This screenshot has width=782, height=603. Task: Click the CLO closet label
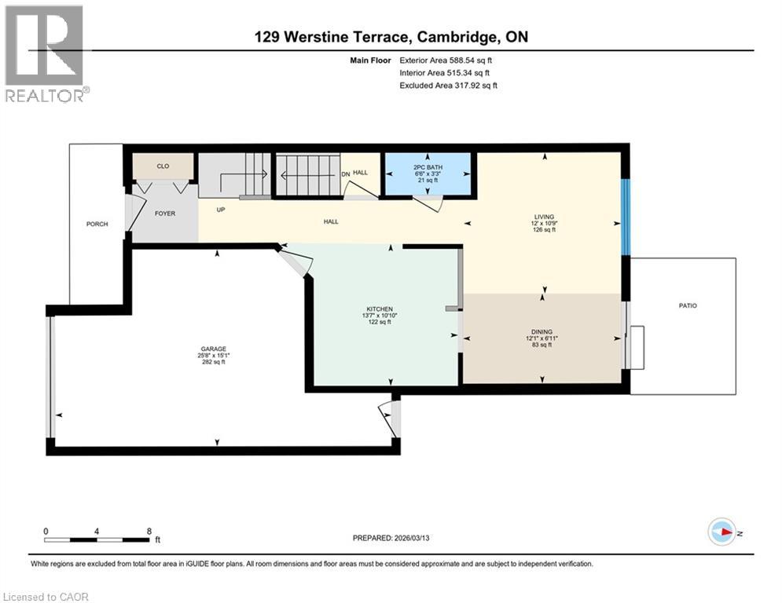(x=163, y=166)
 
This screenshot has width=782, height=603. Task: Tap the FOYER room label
(x=165, y=214)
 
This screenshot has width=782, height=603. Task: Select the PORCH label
(x=97, y=225)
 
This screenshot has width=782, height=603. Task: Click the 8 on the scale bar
(x=149, y=531)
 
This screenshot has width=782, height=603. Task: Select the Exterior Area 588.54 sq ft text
(x=447, y=60)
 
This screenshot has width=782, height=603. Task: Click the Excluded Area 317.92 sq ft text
(x=448, y=86)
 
